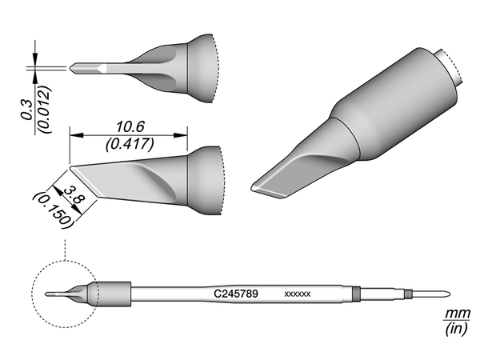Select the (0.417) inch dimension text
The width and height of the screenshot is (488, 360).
tap(128, 145)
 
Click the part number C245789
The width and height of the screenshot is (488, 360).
tap(236, 294)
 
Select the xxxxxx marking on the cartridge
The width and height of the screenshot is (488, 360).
tap(298, 294)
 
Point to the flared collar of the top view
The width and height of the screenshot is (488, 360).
tap(202, 67)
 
